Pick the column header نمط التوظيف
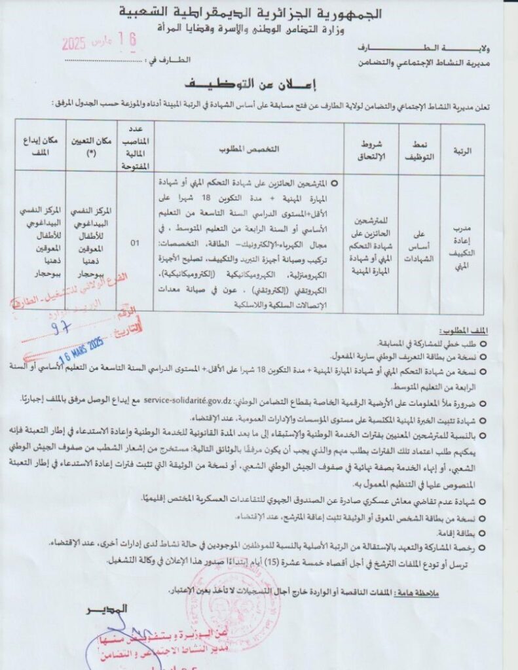419,150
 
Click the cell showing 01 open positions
135,243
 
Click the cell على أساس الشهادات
419,243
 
